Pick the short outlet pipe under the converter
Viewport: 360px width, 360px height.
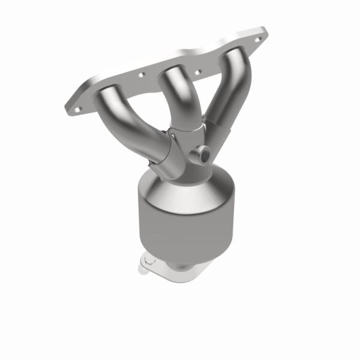pyautogui.click(x=180, y=267)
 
